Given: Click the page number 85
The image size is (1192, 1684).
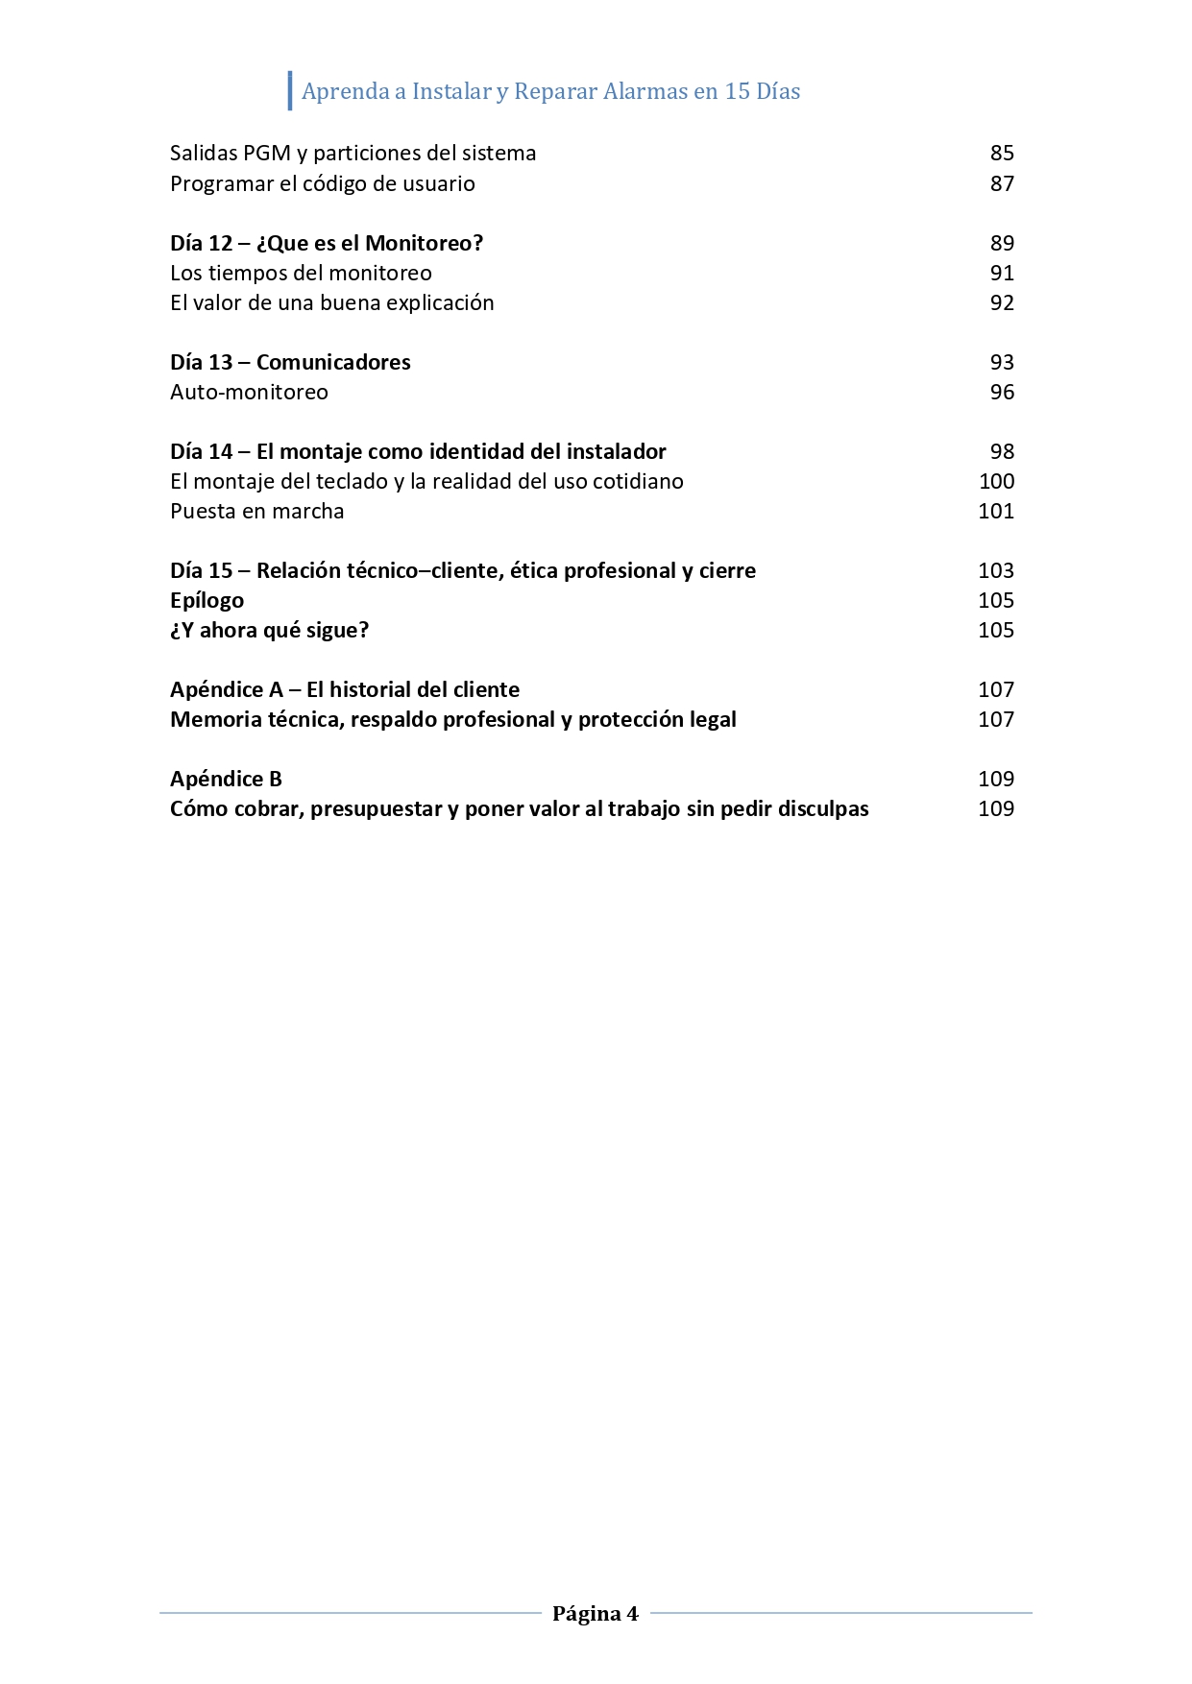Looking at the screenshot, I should (x=1002, y=154).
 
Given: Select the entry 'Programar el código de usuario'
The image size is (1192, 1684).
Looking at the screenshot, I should (x=322, y=183).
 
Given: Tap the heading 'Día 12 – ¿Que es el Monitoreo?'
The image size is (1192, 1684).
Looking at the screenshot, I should (x=326, y=243).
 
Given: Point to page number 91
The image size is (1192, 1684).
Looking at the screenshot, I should (x=1002, y=273).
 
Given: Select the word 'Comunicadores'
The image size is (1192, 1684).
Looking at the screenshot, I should (x=333, y=362).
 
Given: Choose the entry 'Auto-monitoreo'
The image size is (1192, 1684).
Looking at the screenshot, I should (x=249, y=392).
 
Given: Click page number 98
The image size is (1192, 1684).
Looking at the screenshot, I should (x=1002, y=451).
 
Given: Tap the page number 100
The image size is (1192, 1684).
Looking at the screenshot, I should (x=996, y=481).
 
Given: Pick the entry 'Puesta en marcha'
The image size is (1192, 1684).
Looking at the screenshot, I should (x=256, y=511).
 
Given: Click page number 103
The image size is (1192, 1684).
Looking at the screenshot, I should (x=996, y=570).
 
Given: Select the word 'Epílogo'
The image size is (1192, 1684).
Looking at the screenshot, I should (x=207, y=601).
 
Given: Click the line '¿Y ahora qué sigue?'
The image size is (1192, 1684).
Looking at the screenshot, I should (x=269, y=630).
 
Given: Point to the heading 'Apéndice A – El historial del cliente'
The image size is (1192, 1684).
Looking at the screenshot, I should (x=344, y=689).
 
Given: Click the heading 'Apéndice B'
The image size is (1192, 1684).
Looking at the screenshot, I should (x=226, y=779).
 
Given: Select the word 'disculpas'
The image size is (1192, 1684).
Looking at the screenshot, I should (x=822, y=809).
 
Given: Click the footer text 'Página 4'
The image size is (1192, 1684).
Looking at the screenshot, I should (x=595, y=1613).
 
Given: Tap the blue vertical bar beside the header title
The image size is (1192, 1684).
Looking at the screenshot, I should (x=290, y=90).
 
